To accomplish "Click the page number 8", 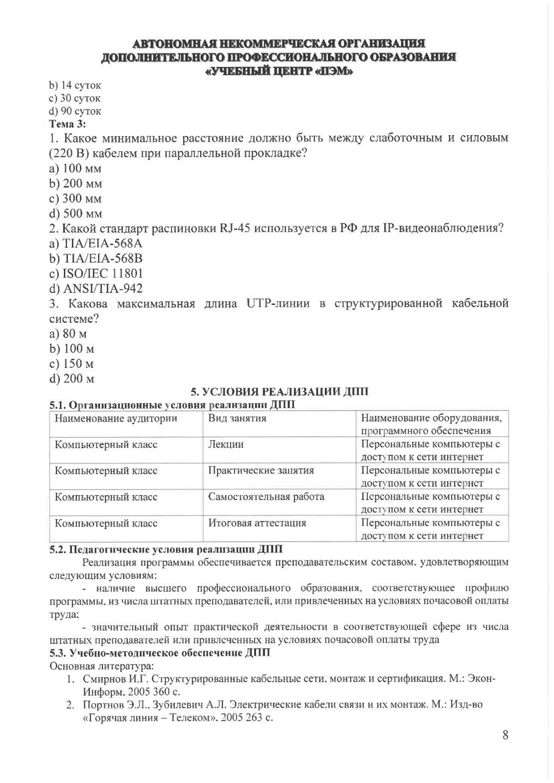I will pos(505,735).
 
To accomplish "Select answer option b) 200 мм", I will pos(76,184).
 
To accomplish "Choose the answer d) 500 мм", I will pos(76,214).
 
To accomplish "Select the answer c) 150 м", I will pos(72,363).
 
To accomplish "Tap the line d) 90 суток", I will pos(75,111).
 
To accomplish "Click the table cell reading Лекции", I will pos(226,444).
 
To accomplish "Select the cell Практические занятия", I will pos(261,471).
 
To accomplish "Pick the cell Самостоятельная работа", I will pos(266,497).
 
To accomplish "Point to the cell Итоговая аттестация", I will pos(257,523).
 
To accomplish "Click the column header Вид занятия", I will pos(237,418).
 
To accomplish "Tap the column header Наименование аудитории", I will pos(116,418).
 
